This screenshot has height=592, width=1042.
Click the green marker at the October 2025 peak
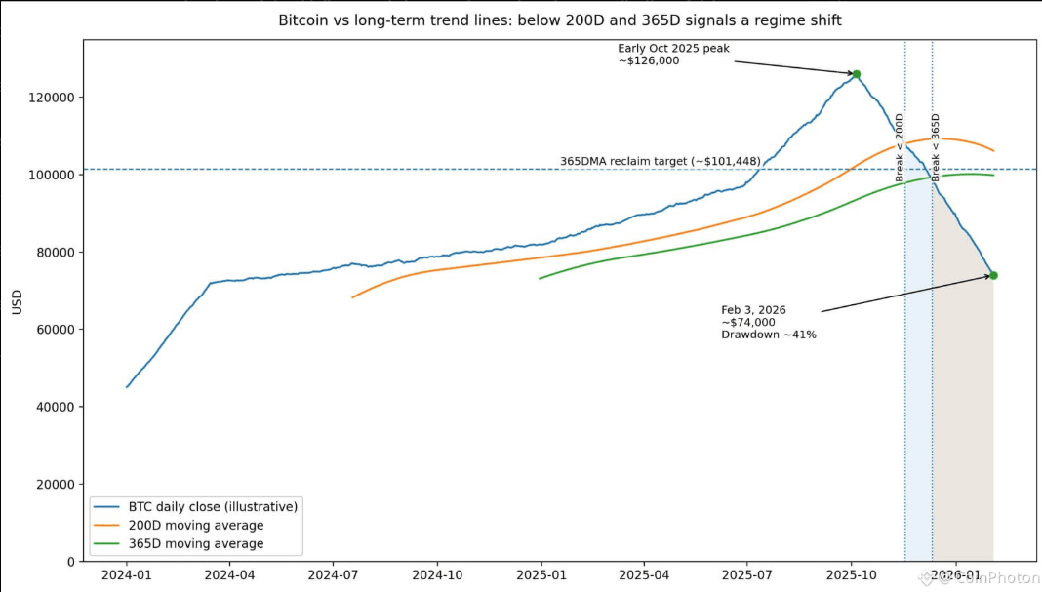857,74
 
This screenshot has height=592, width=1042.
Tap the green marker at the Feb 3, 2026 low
993,275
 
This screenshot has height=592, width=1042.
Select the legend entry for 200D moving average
195,525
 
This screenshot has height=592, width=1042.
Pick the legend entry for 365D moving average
195,543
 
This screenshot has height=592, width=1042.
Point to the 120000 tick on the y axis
56,98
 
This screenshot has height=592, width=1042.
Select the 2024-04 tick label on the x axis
230,576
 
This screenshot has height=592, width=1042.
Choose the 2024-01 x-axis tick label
127,576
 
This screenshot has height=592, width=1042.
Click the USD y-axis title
17,301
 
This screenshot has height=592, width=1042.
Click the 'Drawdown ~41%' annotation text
769,335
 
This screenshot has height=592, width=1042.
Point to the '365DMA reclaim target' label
660,161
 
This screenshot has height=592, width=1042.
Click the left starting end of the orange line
352,297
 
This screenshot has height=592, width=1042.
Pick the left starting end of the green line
540,279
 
